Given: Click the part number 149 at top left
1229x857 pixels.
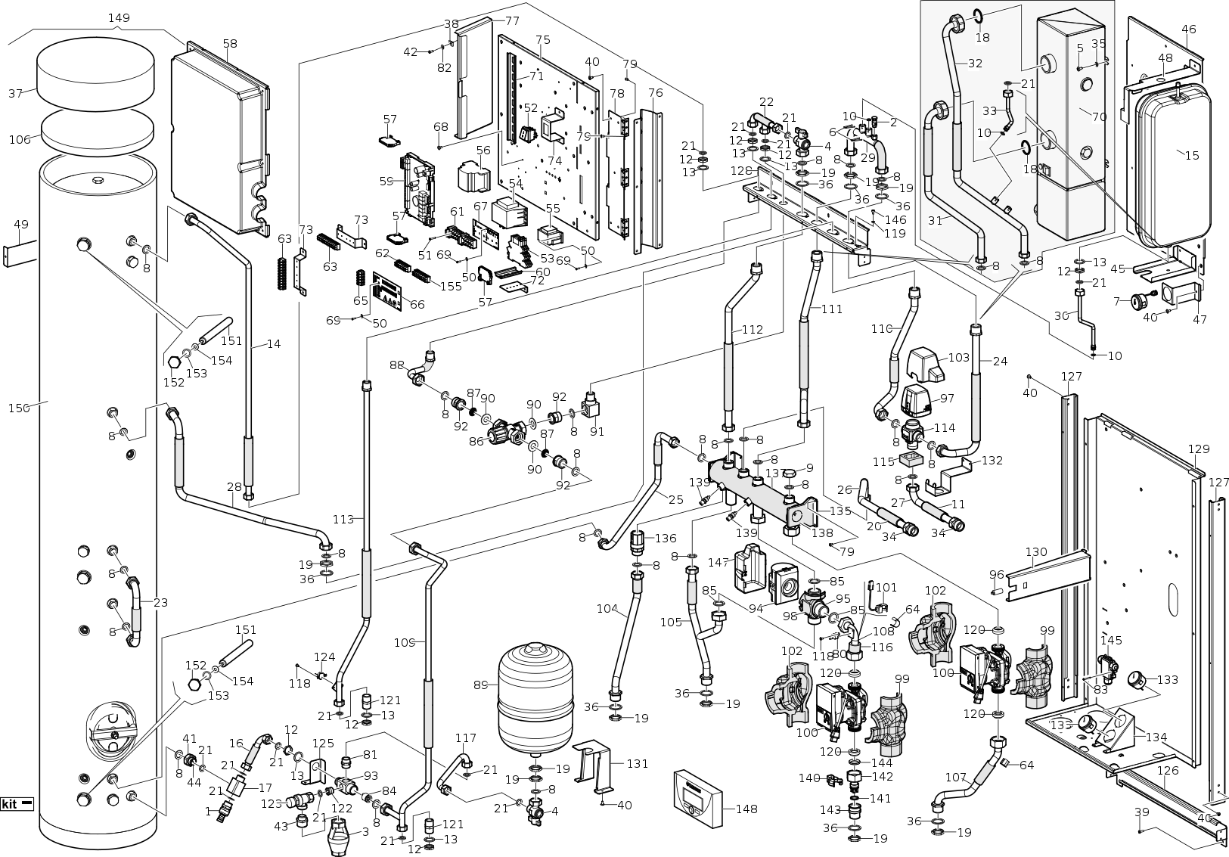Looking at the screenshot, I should pyautogui.click(x=119, y=17).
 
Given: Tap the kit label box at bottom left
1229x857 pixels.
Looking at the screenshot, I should pyautogui.click(x=17, y=804).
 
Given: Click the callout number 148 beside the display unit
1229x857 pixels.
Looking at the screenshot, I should pyautogui.click(x=746, y=809).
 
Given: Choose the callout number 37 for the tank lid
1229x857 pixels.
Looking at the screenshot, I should pyautogui.click(x=16, y=94).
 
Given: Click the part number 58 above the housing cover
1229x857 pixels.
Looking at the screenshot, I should pyautogui.click(x=230, y=44).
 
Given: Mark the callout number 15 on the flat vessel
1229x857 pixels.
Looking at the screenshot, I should pyautogui.click(x=1191, y=156).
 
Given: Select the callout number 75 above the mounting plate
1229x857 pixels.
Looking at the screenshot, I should pyautogui.click(x=542, y=39).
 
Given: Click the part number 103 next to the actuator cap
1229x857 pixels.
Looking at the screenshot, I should pyautogui.click(x=958, y=357).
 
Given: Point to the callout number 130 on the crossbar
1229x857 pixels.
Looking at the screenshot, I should pyautogui.click(x=1035, y=551).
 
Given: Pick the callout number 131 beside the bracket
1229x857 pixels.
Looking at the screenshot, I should pyautogui.click(x=638, y=763).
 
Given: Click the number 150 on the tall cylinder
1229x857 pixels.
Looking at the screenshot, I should pyautogui.click(x=18, y=408).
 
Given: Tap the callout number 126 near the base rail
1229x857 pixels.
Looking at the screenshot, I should pyautogui.click(x=1168, y=772).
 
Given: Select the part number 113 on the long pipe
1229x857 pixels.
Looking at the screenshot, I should pyautogui.click(x=343, y=519).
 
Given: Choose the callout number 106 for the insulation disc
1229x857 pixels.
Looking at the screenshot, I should pyautogui.click(x=20, y=139).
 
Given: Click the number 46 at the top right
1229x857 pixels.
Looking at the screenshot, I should pyautogui.click(x=1189, y=29).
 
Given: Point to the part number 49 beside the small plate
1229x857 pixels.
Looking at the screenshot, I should pyautogui.click(x=21, y=224).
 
